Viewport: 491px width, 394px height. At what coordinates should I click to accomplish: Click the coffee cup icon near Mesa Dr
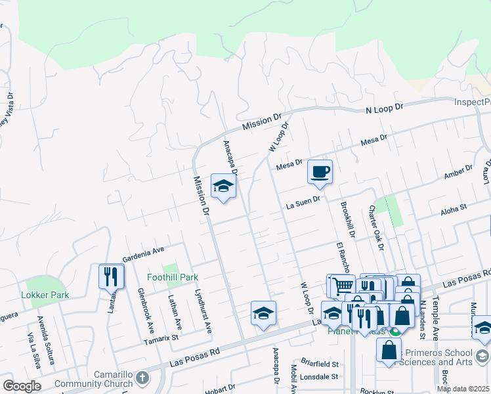(320, 172)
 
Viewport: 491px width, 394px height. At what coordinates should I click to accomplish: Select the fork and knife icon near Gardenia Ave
(111, 276)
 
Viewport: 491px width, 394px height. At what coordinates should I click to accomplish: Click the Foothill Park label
(173, 278)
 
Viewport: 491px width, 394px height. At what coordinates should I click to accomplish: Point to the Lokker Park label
(45, 295)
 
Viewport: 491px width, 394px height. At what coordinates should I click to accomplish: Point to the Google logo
(22, 386)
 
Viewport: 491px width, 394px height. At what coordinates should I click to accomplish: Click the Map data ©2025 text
(463, 389)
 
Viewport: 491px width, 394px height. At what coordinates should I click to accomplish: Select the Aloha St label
(453, 208)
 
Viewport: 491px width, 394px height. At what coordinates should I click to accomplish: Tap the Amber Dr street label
(458, 173)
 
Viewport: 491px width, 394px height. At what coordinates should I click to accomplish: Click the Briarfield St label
(320, 364)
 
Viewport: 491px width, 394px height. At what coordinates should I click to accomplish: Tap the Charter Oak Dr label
(376, 227)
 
